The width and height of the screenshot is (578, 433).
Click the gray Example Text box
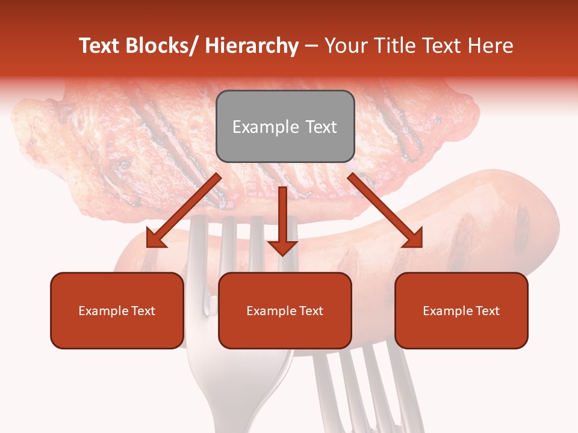(285, 126)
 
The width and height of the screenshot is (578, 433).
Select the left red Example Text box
(117, 310)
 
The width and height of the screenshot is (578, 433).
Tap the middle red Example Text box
(285, 310)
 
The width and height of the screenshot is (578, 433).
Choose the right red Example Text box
(461, 310)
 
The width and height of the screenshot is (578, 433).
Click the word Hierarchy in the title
(252, 46)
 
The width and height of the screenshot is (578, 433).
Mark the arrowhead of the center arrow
(282, 247)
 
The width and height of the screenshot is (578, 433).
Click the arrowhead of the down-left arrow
(155, 239)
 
